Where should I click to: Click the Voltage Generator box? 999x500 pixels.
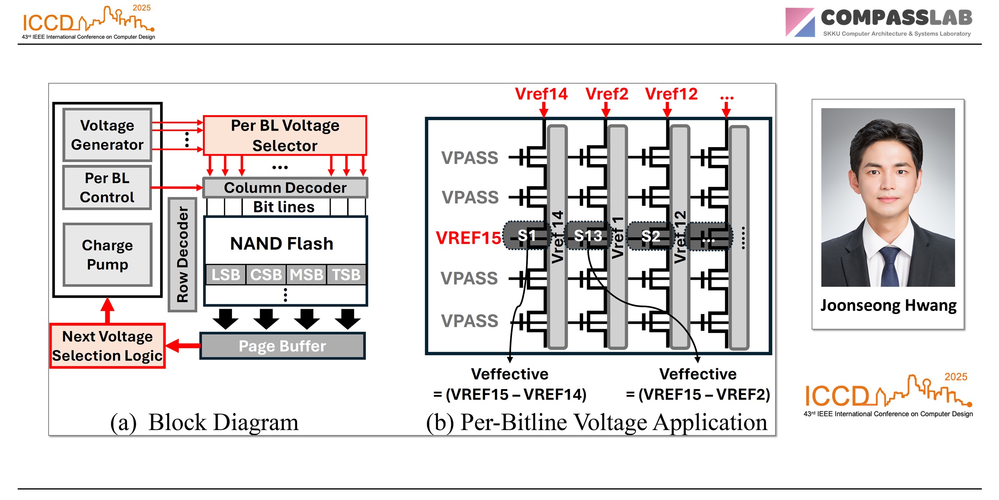[107, 135]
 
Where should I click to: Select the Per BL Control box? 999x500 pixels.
[107, 188]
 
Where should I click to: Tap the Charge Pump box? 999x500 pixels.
[107, 254]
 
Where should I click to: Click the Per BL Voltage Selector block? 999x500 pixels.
[285, 135]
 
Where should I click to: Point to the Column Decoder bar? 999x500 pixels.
[285, 188]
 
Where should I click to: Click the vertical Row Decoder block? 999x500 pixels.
[182, 254]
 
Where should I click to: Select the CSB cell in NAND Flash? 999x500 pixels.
[266, 275]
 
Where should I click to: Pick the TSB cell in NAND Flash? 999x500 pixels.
[346, 275]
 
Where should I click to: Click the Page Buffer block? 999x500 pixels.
[282, 346]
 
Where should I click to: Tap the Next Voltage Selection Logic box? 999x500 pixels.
[107, 346]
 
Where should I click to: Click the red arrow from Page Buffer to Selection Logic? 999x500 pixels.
[183, 346]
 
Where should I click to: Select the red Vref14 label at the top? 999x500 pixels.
[541, 94]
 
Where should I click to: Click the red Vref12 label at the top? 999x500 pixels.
[671, 94]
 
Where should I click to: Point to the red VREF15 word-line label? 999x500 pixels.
[468, 238]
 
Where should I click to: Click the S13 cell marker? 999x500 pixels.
[588, 236]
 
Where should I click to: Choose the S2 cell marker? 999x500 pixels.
[651, 236]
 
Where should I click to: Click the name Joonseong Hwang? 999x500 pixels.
[888, 305]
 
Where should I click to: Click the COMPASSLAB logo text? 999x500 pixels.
[896, 18]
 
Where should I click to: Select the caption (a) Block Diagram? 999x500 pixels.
[204, 422]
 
